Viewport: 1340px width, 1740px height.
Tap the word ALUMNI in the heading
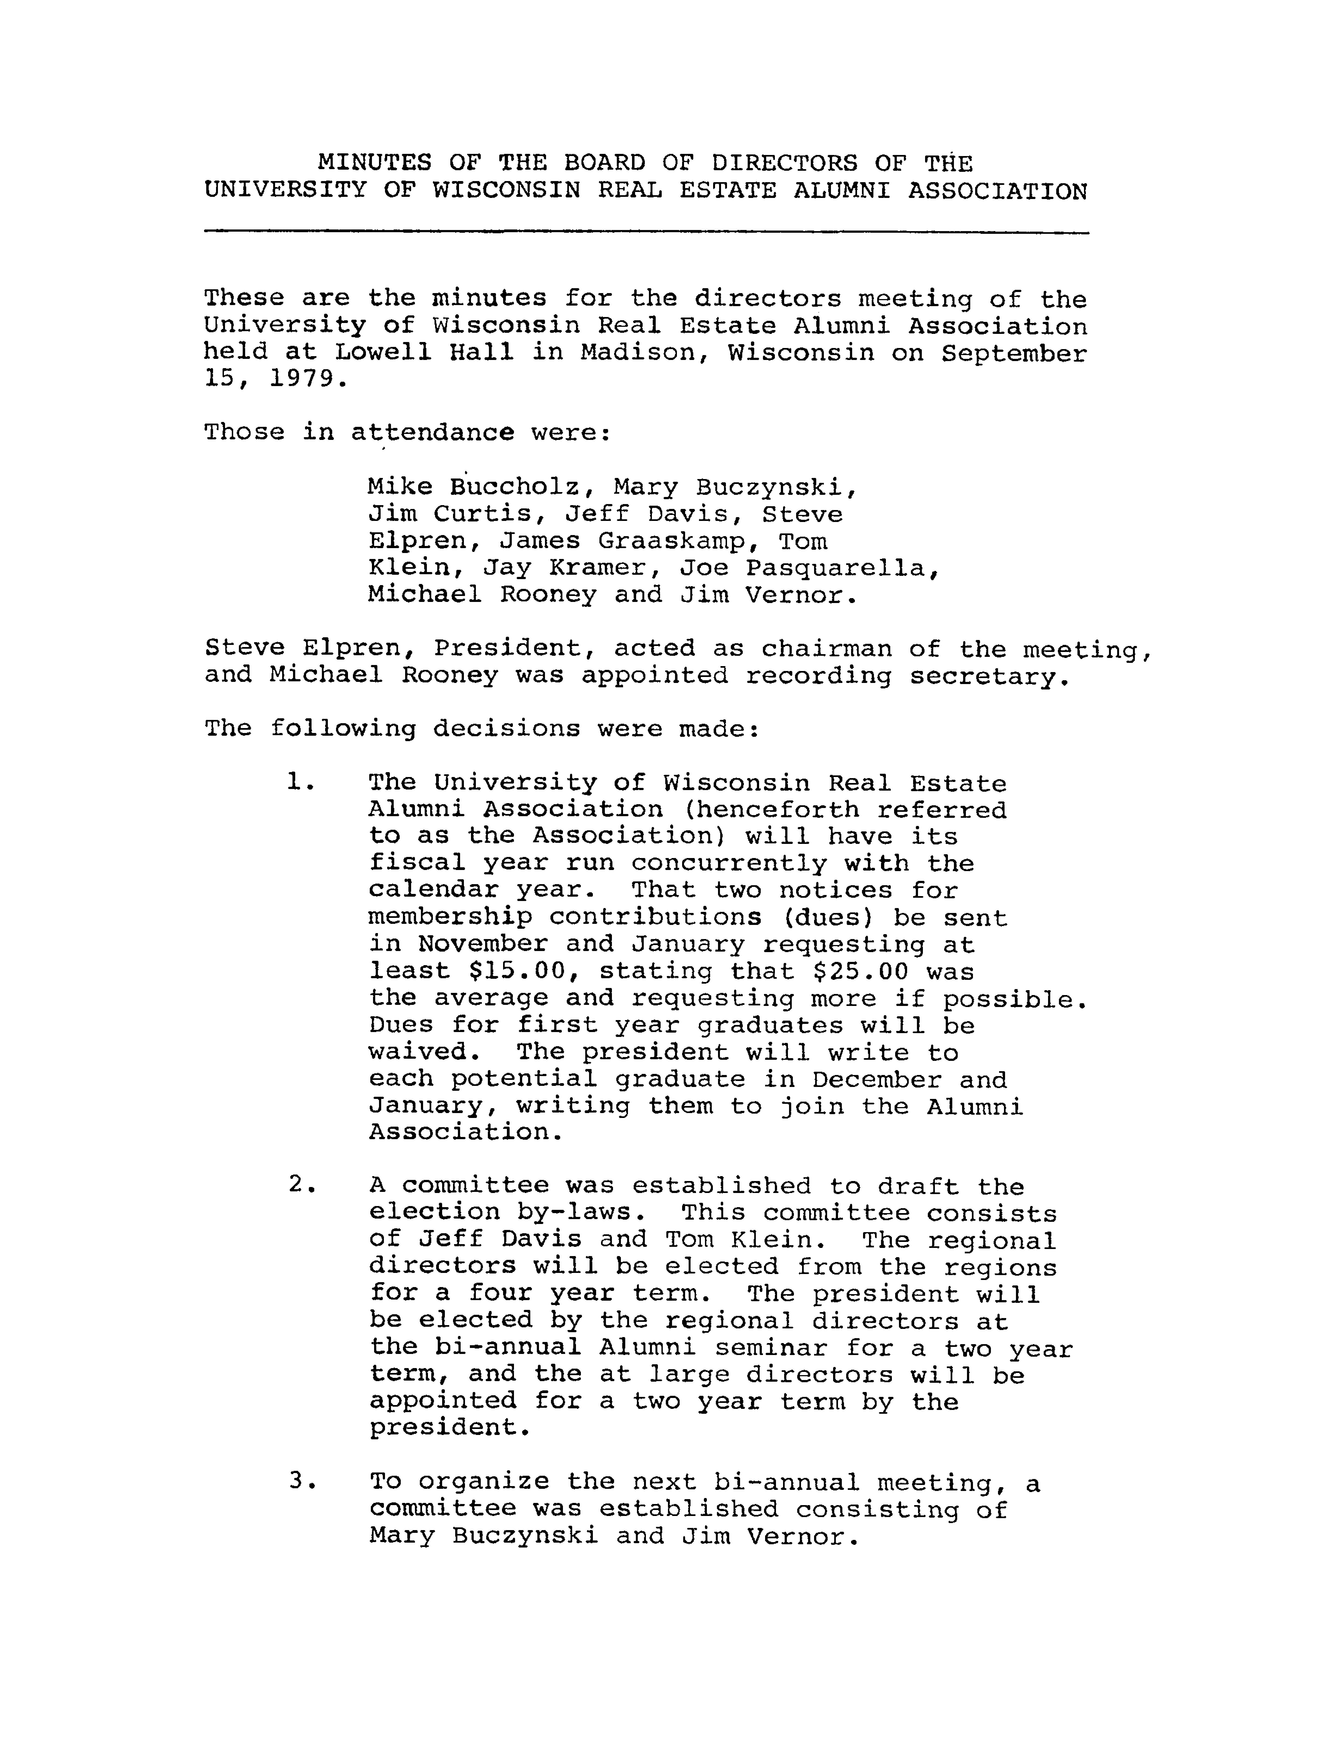click(841, 191)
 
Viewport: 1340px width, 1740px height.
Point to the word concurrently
click(727, 863)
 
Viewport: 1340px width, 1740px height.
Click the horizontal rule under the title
click(646, 232)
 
